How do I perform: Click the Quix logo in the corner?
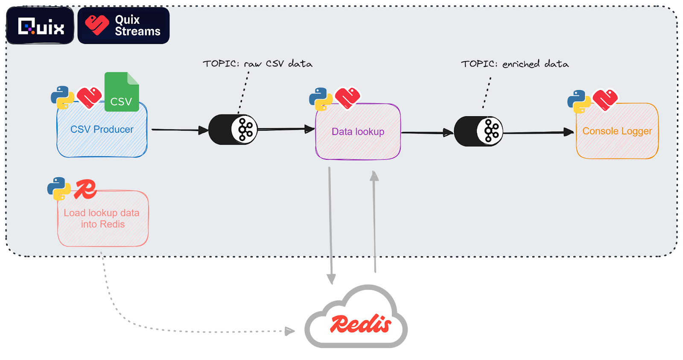41,26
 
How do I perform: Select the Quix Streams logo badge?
123,26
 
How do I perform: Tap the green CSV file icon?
122,92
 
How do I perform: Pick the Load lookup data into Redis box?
103,219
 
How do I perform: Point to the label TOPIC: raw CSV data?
257,64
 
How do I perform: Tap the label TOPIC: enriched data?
514,64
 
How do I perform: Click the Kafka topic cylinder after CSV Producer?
233,129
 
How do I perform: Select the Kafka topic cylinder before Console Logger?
479,131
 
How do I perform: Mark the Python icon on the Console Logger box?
578,101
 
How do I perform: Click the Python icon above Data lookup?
320,99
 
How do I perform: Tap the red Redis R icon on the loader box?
85,189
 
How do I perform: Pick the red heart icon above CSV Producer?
89,97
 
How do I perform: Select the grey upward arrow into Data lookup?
374,222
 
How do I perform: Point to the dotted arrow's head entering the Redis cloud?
290,331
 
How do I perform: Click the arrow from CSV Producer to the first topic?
179,129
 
